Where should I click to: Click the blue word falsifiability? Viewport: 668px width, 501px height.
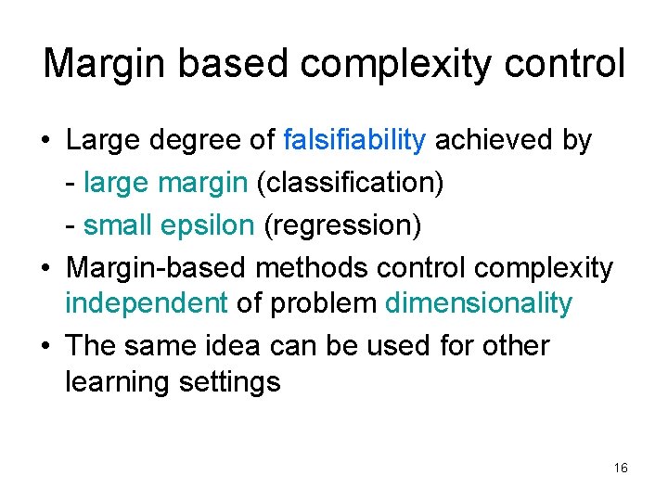coord(354,141)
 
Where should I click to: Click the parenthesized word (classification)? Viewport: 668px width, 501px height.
coord(350,183)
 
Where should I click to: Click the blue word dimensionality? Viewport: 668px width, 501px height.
coord(479,303)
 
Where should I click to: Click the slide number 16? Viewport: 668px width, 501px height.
coord(621,469)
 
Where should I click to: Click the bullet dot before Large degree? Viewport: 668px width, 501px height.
coord(45,142)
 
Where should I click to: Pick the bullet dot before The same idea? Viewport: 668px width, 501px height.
coord(45,347)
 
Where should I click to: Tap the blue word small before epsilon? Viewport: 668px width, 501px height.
coord(116,225)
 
